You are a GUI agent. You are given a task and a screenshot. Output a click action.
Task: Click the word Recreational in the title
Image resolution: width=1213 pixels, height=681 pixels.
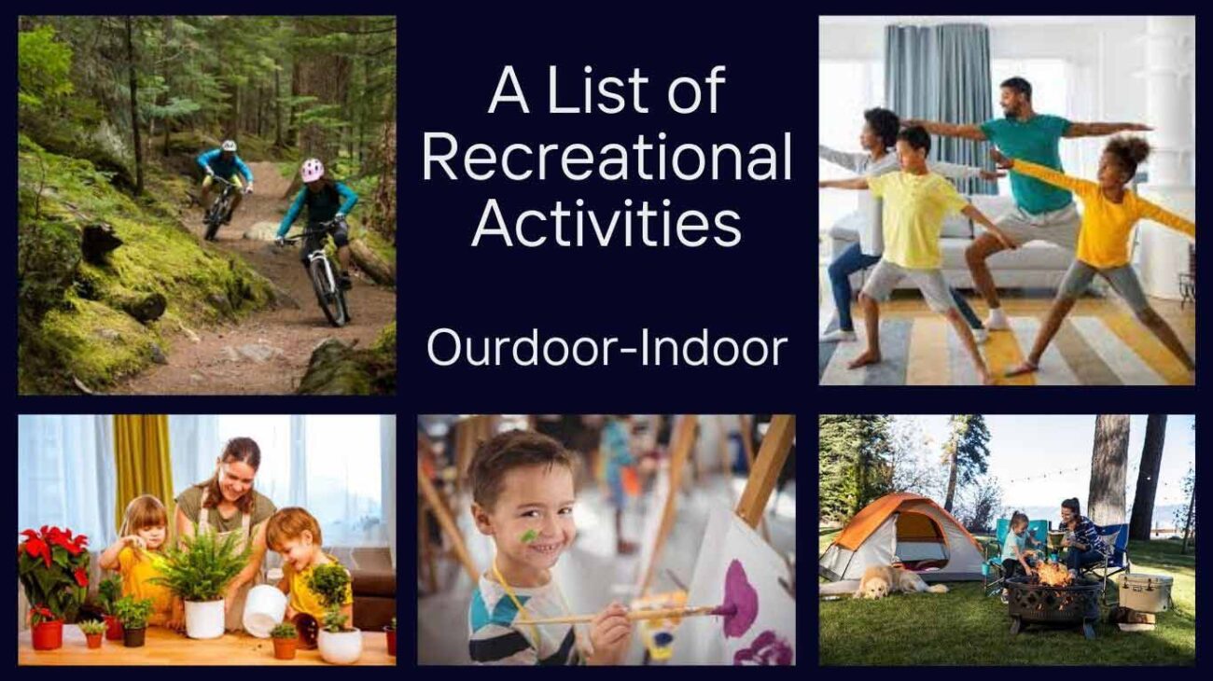pyautogui.click(x=606, y=158)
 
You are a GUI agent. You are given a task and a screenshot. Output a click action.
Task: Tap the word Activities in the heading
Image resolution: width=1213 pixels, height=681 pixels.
pyautogui.click(x=606, y=224)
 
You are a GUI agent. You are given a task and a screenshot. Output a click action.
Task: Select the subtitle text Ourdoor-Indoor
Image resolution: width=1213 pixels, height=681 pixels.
pyautogui.click(x=606, y=348)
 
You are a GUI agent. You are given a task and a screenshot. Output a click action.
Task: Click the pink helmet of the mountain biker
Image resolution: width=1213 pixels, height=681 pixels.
pyautogui.click(x=312, y=170)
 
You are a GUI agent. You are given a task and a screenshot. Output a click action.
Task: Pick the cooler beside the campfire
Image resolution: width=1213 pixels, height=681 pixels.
pyautogui.click(x=1144, y=593)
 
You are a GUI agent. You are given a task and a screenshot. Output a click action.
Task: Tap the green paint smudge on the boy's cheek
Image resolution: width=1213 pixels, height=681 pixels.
pyautogui.click(x=529, y=535)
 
